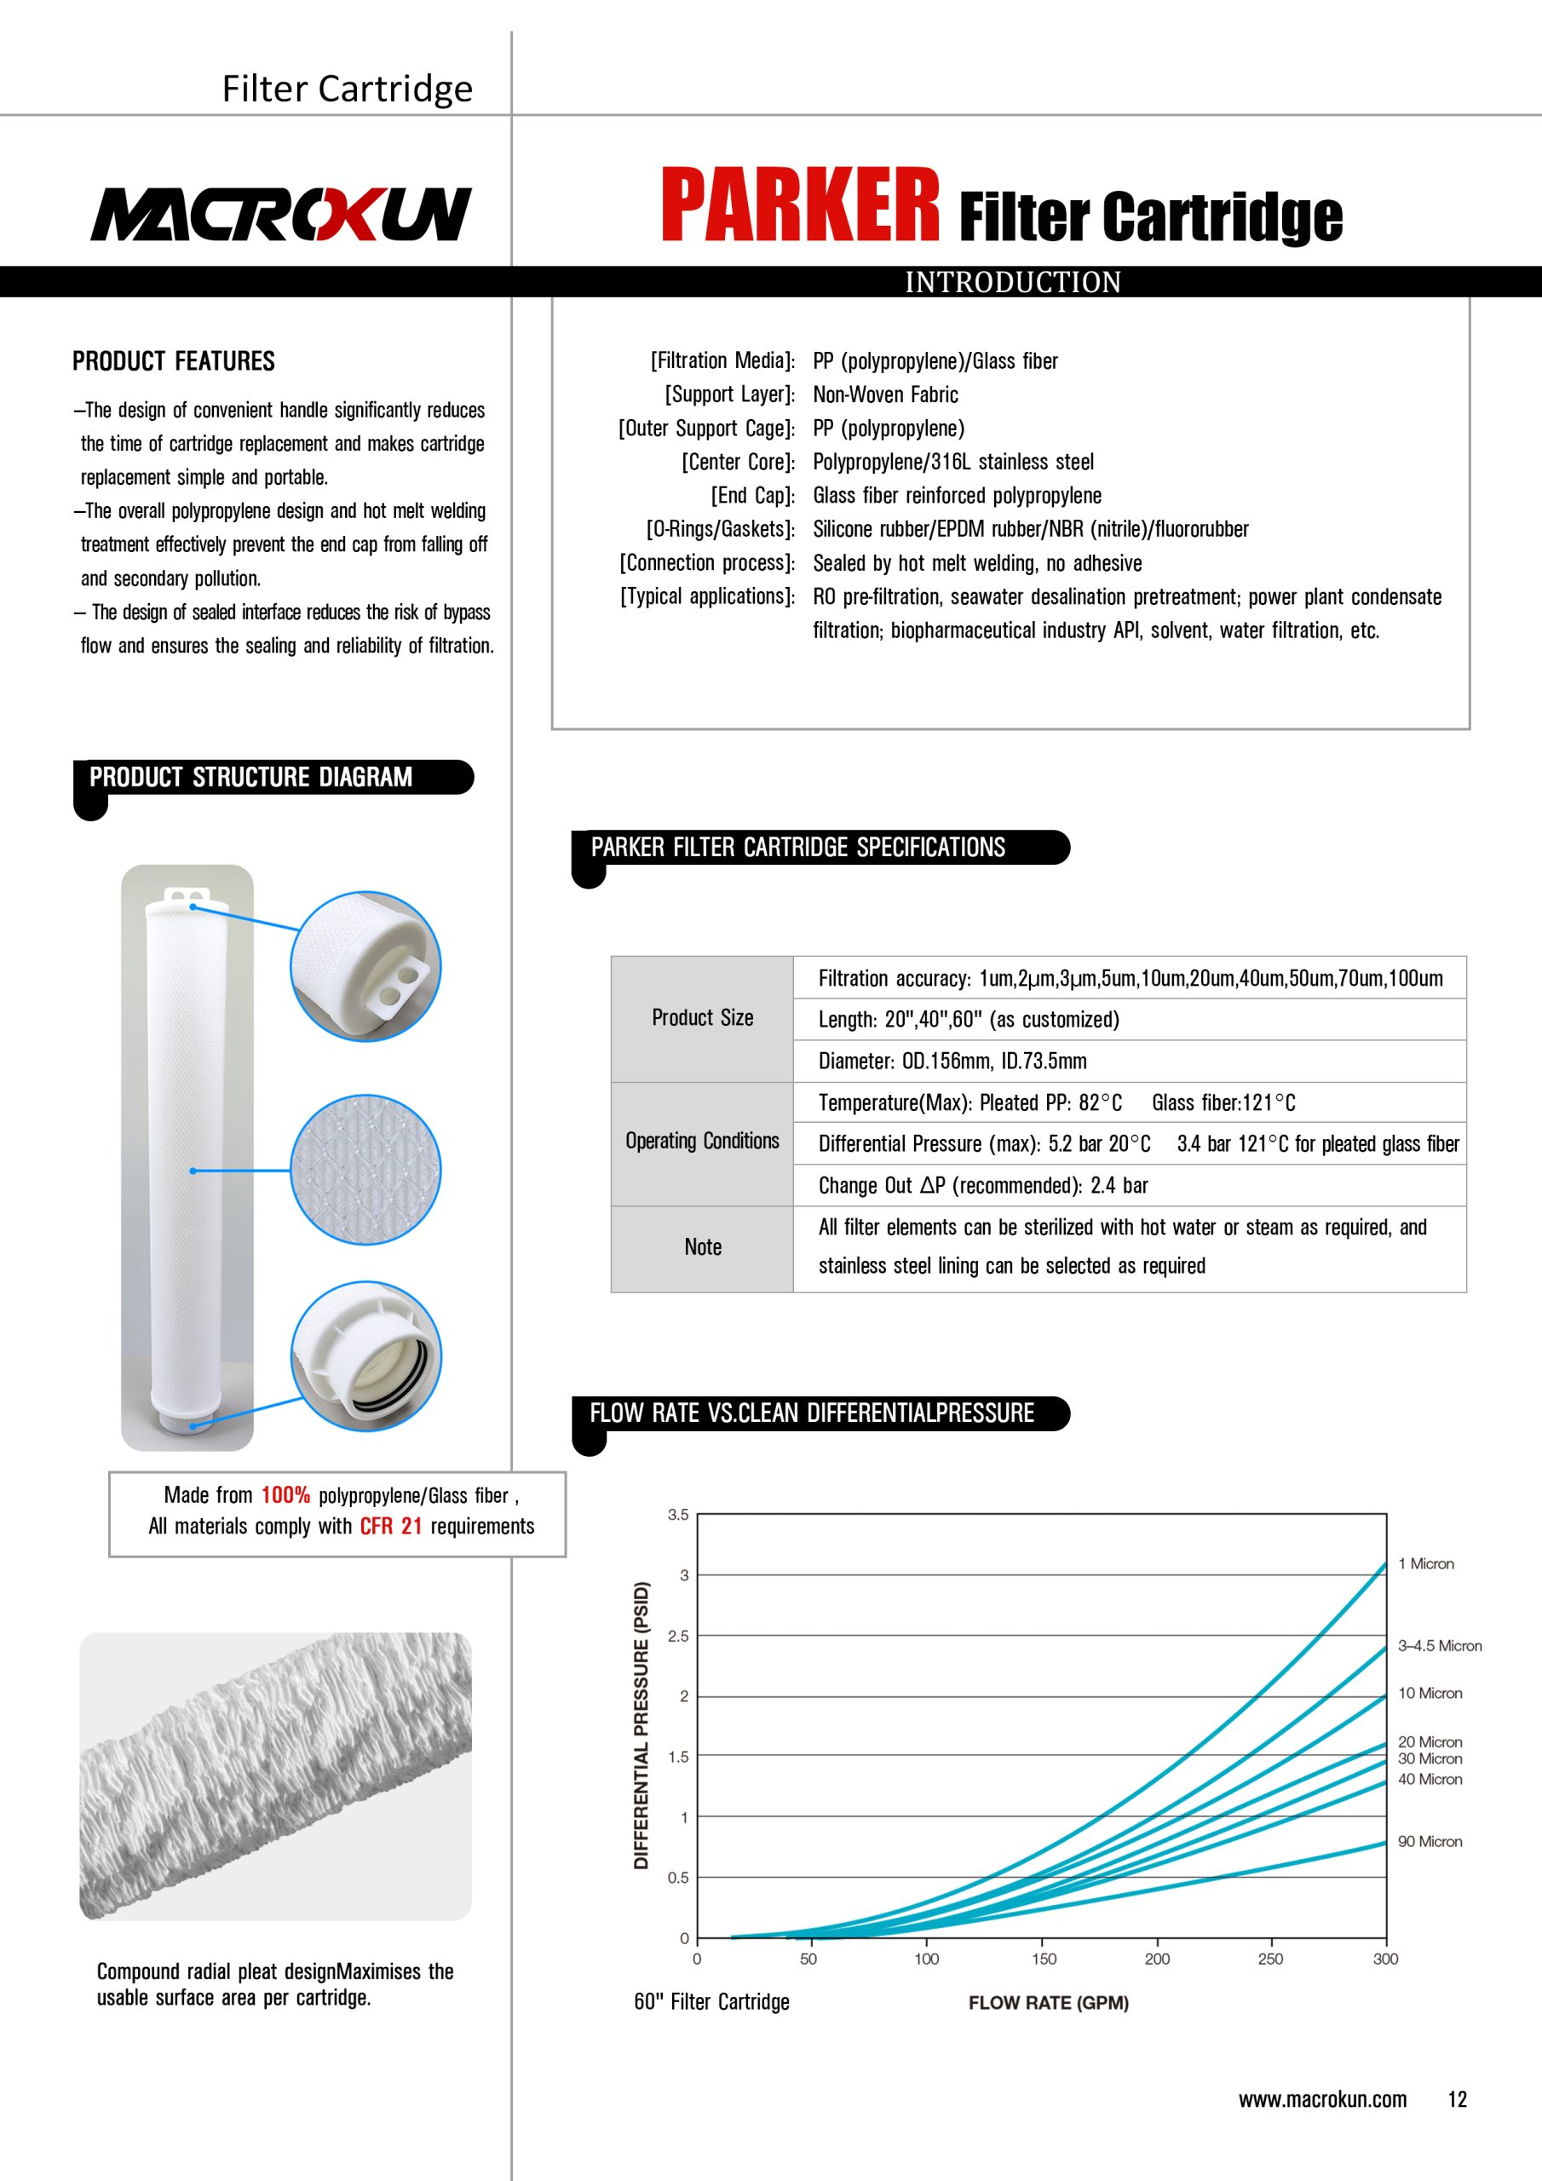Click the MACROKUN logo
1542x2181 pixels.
point(280,214)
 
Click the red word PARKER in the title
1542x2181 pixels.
point(800,205)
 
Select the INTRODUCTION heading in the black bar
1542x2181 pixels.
point(1013,282)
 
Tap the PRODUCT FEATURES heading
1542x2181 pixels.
point(174,361)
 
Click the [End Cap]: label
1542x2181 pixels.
point(752,495)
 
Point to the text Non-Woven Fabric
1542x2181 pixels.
point(884,394)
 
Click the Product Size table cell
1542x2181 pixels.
point(702,1018)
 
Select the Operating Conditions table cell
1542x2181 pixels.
point(702,1141)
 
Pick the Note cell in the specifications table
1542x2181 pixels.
point(702,1247)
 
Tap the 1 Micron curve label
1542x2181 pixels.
point(1425,1563)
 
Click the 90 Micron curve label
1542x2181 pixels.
point(1429,1841)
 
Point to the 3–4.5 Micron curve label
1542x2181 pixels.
point(1438,1645)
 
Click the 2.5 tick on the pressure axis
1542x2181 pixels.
point(677,1636)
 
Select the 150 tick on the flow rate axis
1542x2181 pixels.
point(1044,1959)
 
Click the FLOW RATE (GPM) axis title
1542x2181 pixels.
point(1048,2002)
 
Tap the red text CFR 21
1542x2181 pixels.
point(390,1526)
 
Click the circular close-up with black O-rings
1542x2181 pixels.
point(365,1355)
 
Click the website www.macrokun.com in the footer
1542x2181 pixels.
point(1321,2099)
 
